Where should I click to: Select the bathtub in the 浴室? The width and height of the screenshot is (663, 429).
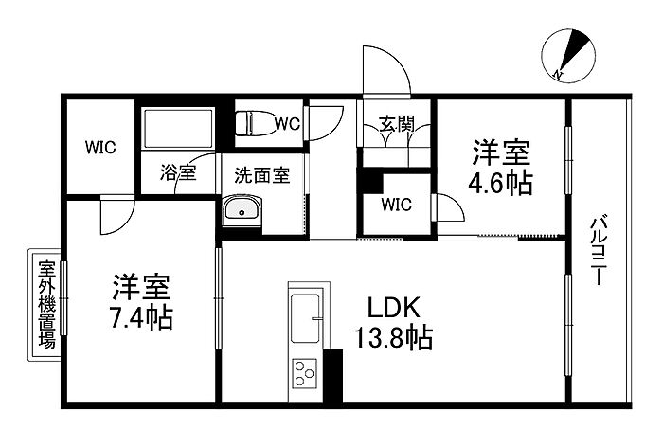pyautogui.click(x=177, y=129)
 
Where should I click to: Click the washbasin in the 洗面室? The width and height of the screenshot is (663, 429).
pyautogui.click(x=243, y=211)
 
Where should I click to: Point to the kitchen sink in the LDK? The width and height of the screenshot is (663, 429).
pyautogui.click(x=306, y=319)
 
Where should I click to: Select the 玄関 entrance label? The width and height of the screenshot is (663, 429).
pyautogui.click(x=396, y=122)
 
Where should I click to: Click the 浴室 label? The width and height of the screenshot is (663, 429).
pyautogui.click(x=177, y=173)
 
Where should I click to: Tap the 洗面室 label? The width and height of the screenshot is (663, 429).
pyautogui.click(x=255, y=174)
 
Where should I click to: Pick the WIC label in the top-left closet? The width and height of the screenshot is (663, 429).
pyautogui.click(x=100, y=147)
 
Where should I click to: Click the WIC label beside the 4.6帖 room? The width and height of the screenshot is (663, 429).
pyautogui.click(x=396, y=204)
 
